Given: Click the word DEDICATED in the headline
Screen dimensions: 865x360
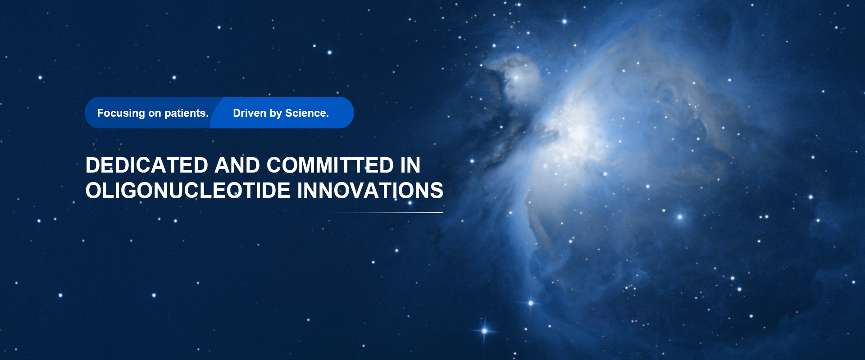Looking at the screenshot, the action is pyautogui.click(x=147, y=165).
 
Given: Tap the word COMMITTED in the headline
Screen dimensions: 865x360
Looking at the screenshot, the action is pyautogui.click(x=330, y=165).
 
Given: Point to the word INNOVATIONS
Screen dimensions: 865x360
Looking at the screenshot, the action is pyautogui.click(x=370, y=191).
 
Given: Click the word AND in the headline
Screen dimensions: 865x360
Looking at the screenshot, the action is pyautogui.click(x=237, y=165).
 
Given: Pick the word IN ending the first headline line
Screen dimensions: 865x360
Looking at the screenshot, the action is pyautogui.click(x=410, y=165).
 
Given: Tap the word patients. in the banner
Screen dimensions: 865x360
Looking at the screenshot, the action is pyautogui.click(x=187, y=114).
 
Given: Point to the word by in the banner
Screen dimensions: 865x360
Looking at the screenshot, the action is pyautogui.click(x=276, y=114).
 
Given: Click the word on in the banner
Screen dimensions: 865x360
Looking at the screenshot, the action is pyautogui.click(x=155, y=114).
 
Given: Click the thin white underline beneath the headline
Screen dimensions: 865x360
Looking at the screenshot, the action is pyautogui.click(x=386, y=212).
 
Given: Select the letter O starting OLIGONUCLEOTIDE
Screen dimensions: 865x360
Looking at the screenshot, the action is pyautogui.click(x=94, y=191).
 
